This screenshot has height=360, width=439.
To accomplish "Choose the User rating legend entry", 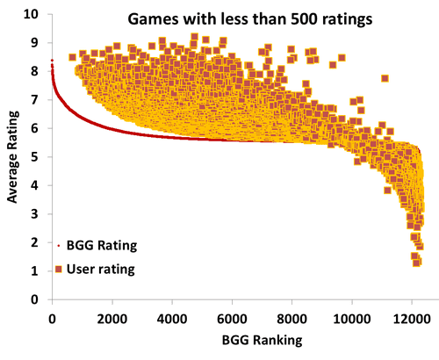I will pyautogui.click(x=101, y=270).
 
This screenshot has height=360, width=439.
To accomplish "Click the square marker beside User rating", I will pyautogui.click(x=58, y=270).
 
